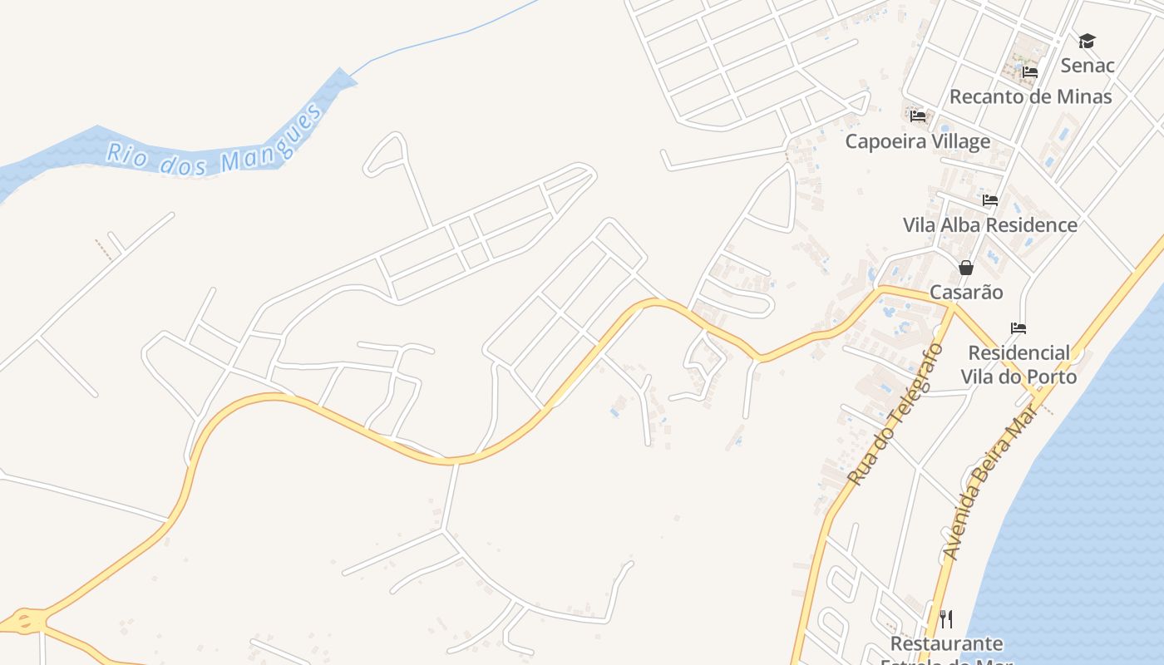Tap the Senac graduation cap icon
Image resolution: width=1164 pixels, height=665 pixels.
click(x=1087, y=41)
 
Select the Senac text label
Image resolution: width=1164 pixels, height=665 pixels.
click(x=1087, y=65)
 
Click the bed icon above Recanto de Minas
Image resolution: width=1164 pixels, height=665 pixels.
click(x=1030, y=72)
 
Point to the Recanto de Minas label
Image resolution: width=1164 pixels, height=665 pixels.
click(x=1030, y=96)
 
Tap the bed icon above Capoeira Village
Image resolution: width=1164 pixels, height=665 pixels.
click(x=918, y=116)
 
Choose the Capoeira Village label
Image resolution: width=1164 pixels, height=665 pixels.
click(x=918, y=141)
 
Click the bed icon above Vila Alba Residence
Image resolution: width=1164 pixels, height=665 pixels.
click(x=989, y=200)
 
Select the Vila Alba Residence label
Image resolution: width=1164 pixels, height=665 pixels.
click(x=989, y=225)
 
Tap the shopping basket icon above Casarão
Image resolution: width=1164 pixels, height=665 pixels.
click(x=966, y=268)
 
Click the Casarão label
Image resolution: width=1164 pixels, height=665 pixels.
click(x=966, y=293)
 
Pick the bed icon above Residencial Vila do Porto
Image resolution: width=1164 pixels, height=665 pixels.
click(x=1018, y=328)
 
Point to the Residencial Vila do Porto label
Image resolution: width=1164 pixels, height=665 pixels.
click(x=1018, y=365)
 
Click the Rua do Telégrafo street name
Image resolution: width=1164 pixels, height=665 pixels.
click(x=896, y=413)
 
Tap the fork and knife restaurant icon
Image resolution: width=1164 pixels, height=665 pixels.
click(x=946, y=619)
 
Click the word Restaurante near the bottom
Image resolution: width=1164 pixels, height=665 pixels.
click(x=946, y=644)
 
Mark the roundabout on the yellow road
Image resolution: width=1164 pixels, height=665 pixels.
click(x=25, y=620)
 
